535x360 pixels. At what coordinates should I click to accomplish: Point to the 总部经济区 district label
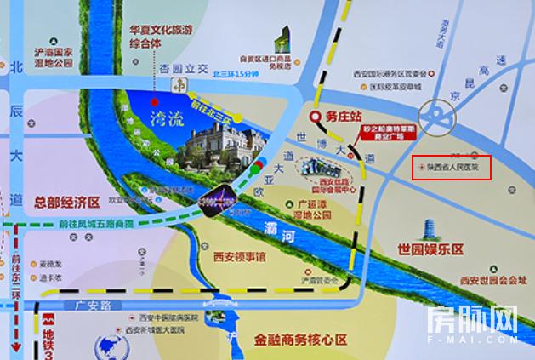(67, 203)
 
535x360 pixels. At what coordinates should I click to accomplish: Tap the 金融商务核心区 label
(301, 339)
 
